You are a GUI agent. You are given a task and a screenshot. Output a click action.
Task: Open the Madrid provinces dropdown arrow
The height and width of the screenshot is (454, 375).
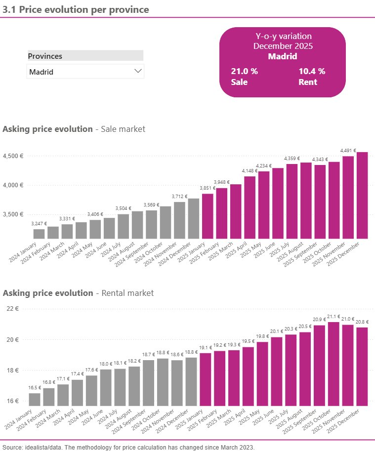138,71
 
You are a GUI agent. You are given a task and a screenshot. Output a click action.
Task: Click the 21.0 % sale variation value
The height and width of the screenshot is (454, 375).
244,71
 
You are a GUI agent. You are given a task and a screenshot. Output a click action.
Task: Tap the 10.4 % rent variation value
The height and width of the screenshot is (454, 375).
312,71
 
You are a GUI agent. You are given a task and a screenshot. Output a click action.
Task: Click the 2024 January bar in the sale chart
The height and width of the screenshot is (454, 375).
39,234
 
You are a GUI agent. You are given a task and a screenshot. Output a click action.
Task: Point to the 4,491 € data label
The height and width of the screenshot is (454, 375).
348,151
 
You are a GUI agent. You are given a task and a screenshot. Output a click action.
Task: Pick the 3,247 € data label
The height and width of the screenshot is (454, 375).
39,224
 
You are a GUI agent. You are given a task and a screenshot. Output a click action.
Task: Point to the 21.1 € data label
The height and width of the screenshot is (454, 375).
333,317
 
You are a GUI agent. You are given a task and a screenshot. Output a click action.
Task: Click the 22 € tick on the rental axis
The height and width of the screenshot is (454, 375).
12,309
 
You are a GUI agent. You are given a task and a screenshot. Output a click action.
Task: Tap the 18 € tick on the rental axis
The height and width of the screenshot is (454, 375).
12,370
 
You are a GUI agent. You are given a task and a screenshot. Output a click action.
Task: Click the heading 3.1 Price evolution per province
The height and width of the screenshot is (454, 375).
76,9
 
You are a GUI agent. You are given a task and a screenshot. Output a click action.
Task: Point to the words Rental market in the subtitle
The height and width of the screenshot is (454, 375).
127,293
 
